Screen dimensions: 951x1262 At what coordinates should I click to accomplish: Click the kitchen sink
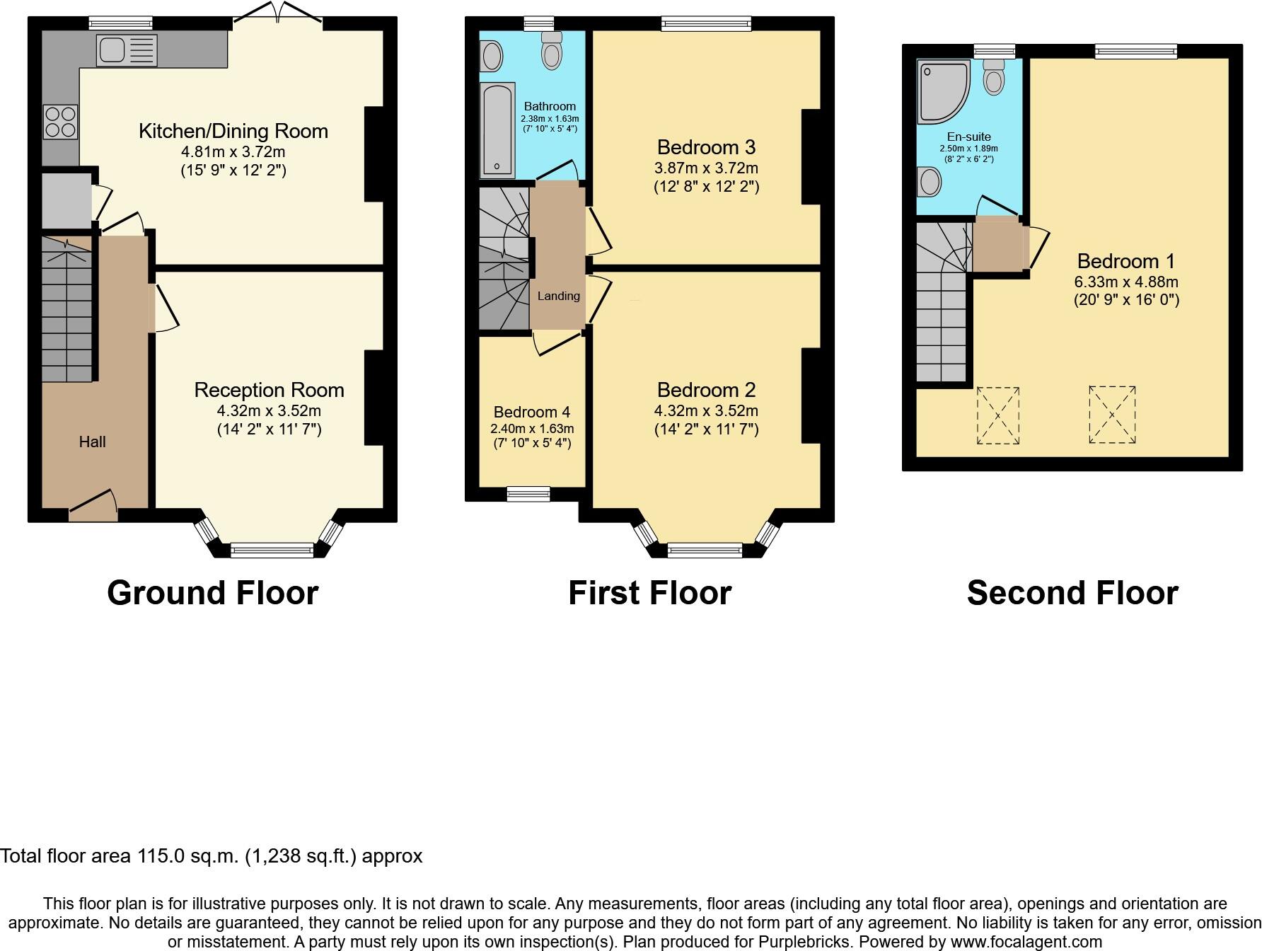[127, 50]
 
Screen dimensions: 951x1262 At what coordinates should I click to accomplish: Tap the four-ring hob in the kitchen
[60, 122]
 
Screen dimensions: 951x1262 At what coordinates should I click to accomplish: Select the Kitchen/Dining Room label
[233, 131]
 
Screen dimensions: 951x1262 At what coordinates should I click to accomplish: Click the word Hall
[92, 442]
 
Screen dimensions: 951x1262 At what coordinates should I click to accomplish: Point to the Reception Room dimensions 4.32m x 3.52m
[269, 411]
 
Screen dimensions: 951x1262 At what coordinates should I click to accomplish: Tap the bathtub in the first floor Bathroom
[497, 130]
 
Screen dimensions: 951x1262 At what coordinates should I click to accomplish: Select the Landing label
[558, 296]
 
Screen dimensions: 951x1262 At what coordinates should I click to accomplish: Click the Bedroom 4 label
[531, 412]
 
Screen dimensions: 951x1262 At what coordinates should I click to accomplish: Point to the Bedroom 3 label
[706, 147]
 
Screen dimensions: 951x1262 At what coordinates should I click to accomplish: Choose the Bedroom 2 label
[706, 390]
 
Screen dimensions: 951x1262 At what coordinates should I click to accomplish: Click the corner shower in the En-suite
[944, 91]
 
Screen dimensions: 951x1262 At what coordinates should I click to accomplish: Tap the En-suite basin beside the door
[930, 182]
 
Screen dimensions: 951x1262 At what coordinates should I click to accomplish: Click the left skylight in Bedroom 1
[998, 415]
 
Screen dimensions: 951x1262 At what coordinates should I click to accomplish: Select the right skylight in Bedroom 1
[1112, 415]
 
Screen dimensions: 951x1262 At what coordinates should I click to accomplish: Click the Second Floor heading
[1072, 593]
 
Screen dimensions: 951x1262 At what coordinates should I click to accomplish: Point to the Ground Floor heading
[212, 593]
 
